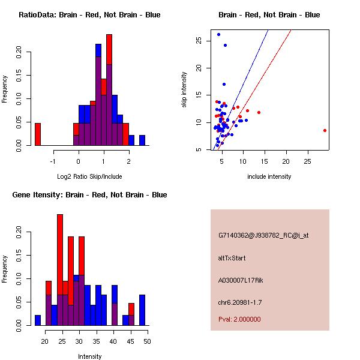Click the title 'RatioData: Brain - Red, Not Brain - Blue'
[x=89, y=15]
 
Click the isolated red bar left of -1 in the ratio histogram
[x=38, y=134]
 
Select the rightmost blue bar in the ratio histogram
[x=142, y=140]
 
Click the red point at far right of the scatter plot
[x=325, y=130]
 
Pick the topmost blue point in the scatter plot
[x=218, y=35]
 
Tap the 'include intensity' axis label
[x=269, y=176]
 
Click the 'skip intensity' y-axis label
[x=184, y=90]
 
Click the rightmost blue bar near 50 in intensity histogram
[x=142, y=310]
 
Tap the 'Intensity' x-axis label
[x=90, y=356]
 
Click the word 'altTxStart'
[x=232, y=258]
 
